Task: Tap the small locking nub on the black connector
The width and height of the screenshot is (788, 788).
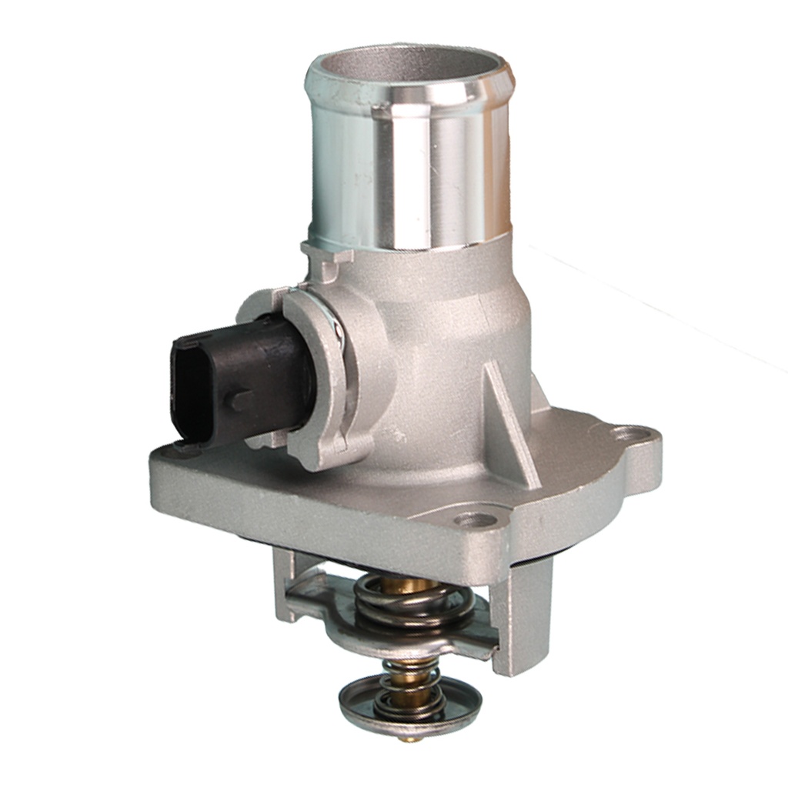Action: tap(240, 400)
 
